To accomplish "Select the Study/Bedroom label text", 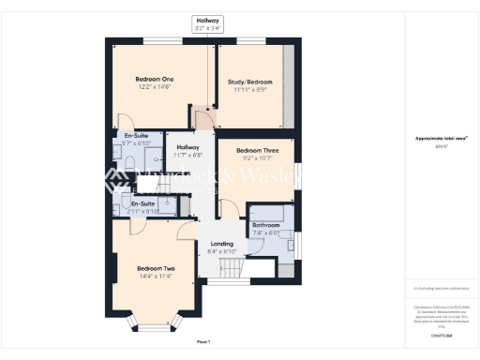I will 248,82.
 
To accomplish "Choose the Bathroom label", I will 265,226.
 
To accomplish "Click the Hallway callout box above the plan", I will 208,23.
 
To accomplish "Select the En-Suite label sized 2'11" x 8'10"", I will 142,206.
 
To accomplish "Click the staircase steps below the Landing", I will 224,272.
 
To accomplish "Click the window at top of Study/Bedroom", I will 249,39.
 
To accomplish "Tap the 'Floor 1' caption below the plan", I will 202,340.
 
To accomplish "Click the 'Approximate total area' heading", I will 441,138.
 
